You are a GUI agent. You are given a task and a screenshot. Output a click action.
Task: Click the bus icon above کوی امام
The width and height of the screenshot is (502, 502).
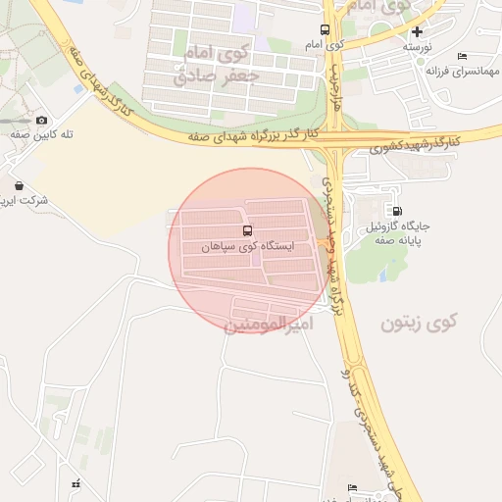(x=326, y=30)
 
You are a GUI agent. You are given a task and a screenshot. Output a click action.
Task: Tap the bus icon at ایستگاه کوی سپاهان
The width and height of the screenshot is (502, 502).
(x=218, y=231)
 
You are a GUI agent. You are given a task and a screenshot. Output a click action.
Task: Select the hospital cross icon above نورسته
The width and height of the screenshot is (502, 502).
(x=417, y=31)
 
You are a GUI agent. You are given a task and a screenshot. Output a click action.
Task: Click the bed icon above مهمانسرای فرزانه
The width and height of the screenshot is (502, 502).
(x=462, y=56)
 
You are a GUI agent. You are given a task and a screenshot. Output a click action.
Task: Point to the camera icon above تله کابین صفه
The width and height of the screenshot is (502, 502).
(x=41, y=121)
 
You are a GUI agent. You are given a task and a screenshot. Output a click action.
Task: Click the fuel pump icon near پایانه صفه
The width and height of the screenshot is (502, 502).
(x=396, y=210)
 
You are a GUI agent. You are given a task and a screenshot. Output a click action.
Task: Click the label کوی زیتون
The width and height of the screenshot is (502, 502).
(x=420, y=323)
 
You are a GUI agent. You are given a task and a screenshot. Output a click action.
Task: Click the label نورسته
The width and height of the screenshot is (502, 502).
(x=417, y=46)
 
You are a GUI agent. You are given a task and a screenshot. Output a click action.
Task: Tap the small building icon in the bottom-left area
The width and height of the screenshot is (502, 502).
(x=75, y=483)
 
